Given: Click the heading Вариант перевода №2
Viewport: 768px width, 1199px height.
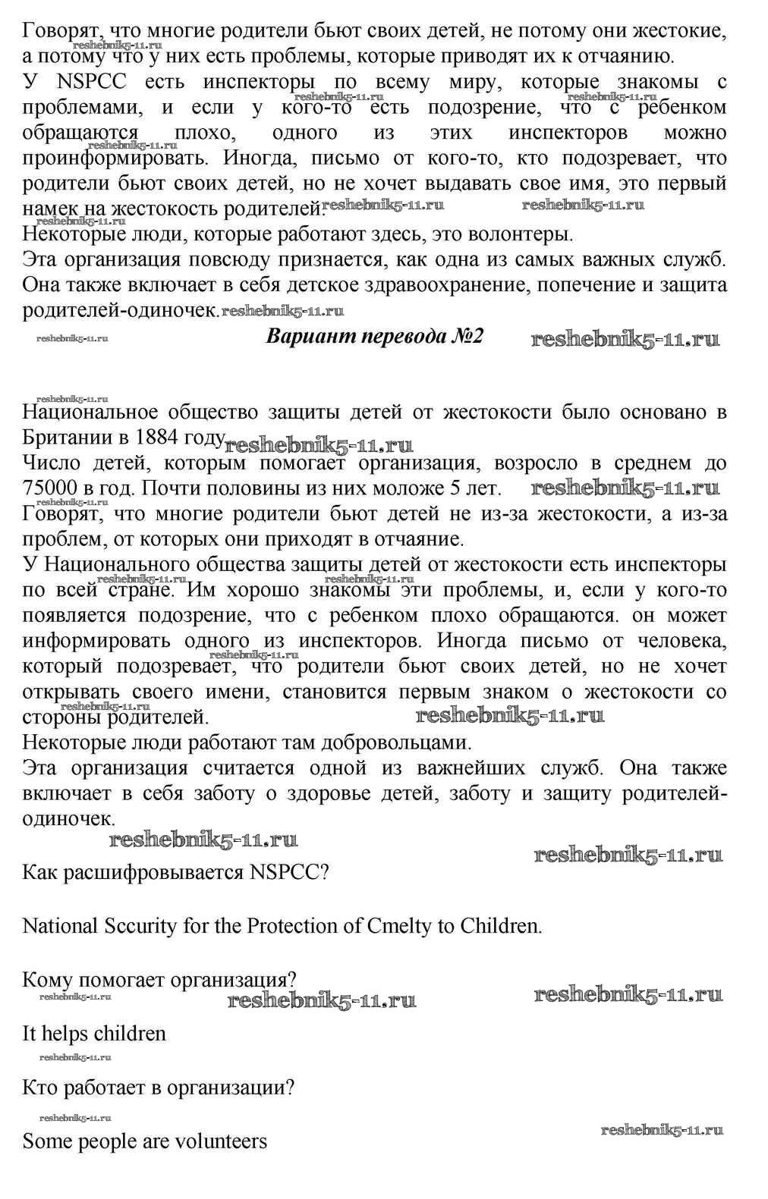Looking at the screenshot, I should coord(374,337).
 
